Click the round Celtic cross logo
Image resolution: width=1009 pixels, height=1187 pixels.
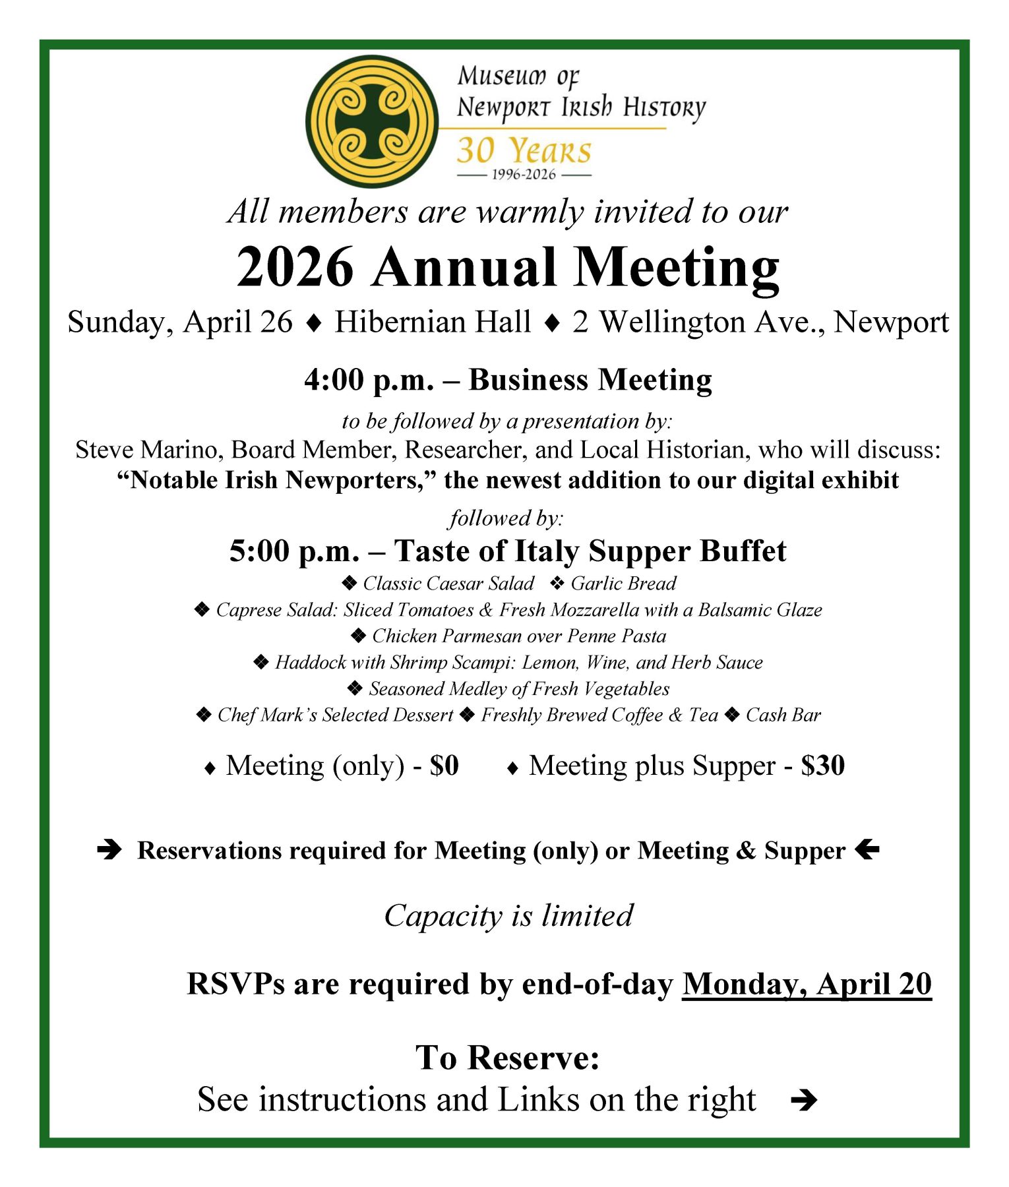[x=372, y=121]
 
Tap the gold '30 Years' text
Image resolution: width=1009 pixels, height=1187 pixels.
[x=524, y=151]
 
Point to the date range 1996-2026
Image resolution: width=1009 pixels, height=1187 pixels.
[x=524, y=175]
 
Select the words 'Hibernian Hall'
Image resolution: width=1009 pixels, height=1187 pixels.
[x=433, y=322]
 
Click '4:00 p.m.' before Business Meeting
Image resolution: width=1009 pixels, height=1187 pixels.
[x=369, y=380]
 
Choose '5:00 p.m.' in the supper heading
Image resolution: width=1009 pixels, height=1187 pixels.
[x=294, y=551]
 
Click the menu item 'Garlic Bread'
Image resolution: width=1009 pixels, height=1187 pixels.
[x=623, y=584]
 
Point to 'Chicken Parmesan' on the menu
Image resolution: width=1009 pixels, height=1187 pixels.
[x=438, y=636]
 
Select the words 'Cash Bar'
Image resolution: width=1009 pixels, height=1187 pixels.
[x=783, y=715]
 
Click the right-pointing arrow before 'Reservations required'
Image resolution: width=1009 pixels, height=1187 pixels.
[x=109, y=849]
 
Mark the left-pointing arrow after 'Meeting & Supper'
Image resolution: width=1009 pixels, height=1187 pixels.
[x=867, y=849]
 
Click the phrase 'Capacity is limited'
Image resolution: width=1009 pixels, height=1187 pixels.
[x=508, y=916]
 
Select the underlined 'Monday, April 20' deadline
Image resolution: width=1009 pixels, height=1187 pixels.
[x=807, y=985]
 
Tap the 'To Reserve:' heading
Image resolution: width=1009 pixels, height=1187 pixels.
[x=508, y=1058]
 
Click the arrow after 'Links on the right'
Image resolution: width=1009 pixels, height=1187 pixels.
[x=803, y=1100]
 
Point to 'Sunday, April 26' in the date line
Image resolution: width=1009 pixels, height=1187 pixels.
[x=179, y=322]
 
